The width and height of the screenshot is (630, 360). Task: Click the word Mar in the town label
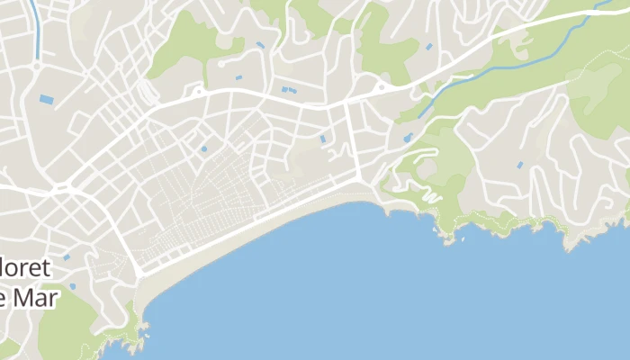coord(36,299)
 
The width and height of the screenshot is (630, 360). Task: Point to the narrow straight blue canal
coord(35,31)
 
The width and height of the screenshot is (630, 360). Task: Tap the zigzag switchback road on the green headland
coord(423,192)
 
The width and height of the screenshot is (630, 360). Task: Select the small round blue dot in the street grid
coord(203,148)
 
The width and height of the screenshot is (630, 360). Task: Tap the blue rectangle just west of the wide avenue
coord(323,139)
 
